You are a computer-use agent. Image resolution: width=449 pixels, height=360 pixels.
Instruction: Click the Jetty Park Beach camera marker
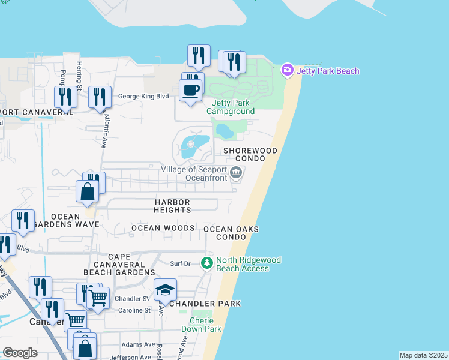click(x=288, y=71)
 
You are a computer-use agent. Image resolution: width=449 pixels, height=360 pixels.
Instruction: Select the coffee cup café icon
click(x=191, y=90)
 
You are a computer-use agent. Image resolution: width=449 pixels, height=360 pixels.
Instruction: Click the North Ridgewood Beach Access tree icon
click(x=207, y=263)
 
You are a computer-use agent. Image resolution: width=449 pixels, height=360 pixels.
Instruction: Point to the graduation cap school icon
click(x=165, y=290)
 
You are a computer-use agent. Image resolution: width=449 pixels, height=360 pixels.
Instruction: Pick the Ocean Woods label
click(x=163, y=228)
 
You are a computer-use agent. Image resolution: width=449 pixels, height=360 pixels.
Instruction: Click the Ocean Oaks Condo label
click(x=231, y=233)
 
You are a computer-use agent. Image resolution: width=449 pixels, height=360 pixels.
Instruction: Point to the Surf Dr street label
click(x=180, y=263)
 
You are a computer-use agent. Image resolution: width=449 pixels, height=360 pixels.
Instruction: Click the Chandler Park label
click(x=205, y=304)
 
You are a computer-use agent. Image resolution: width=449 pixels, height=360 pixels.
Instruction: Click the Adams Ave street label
click(x=139, y=345)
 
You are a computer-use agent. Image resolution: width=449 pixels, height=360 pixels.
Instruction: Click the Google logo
click(x=20, y=353)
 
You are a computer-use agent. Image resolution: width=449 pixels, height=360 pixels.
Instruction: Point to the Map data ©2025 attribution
click(x=423, y=355)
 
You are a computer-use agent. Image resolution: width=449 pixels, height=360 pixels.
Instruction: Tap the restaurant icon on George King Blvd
click(x=100, y=97)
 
